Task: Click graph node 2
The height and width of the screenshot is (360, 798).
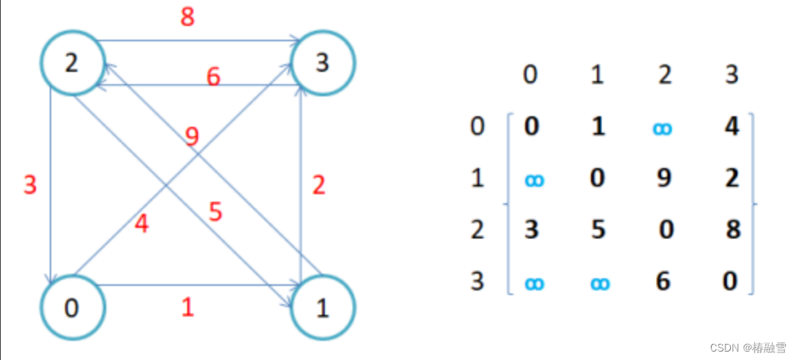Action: pyautogui.click(x=72, y=63)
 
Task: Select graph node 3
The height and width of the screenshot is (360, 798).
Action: pyautogui.click(x=323, y=63)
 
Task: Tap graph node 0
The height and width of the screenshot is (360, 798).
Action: pyautogui.click(x=72, y=308)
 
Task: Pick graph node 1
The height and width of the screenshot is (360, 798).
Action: pyautogui.click(x=323, y=308)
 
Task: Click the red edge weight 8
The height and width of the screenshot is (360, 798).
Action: pyautogui.click(x=188, y=18)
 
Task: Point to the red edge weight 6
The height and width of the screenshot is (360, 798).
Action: pyautogui.click(x=213, y=77)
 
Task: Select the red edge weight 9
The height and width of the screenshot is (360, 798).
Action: pyautogui.click(x=193, y=138)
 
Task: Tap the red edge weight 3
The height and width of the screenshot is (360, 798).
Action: pyautogui.click(x=30, y=185)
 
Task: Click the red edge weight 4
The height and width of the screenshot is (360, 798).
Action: pyautogui.click(x=141, y=225)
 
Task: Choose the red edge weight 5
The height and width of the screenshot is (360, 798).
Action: pyautogui.click(x=215, y=212)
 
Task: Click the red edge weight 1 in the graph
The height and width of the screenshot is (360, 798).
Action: pyautogui.click(x=187, y=307)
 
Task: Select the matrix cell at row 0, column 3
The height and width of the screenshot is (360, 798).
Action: pyautogui.click(x=731, y=126)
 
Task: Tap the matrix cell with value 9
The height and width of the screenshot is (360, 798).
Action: pyautogui.click(x=665, y=178)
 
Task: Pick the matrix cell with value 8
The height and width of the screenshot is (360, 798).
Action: pyautogui.click(x=733, y=229)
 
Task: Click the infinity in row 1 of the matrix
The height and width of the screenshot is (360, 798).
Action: pyautogui.click(x=535, y=180)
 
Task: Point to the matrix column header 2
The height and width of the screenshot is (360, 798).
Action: pyautogui.click(x=663, y=75)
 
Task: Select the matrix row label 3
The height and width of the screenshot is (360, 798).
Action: pyautogui.click(x=477, y=281)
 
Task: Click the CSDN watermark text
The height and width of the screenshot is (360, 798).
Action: pyautogui.click(x=748, y=347)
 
